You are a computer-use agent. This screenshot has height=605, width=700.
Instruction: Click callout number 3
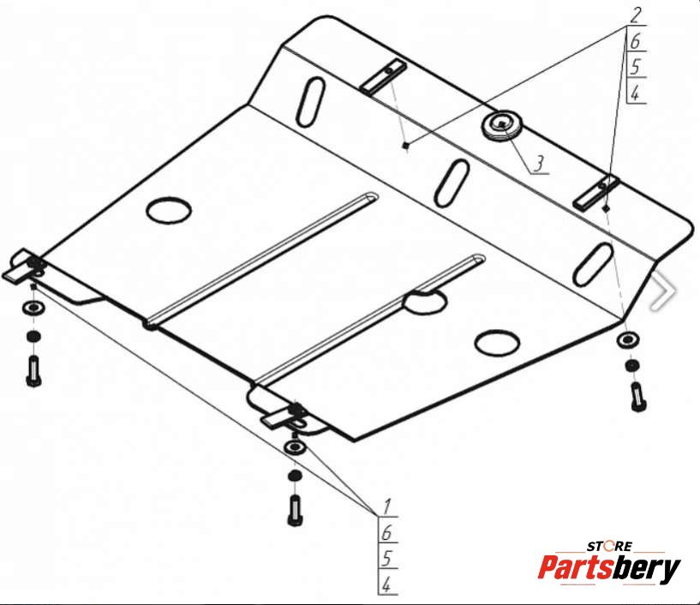(x=540, y=164)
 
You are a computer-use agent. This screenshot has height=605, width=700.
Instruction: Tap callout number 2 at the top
(x=635, y=15)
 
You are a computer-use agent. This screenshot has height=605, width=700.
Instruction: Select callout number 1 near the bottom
(x=386, y=506)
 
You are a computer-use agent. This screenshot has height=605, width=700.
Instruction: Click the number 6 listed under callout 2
(x=635, y=41)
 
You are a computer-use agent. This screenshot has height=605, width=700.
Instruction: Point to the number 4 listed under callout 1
(x=386, y=584)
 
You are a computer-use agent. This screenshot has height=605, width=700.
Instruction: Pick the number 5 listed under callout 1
(x=386, y=558)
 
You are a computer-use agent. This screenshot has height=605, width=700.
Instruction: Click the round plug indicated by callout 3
(x=502, y=124)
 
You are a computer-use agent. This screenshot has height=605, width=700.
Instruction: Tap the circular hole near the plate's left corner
(x=169, y=210)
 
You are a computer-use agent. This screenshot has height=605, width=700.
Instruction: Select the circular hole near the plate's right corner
(x=497, y=343)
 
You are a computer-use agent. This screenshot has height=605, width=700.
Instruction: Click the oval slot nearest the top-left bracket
(x=311, y=102)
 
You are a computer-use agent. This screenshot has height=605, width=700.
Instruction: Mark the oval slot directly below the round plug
(x=452, y=183)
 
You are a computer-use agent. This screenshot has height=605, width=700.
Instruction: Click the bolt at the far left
(x=34, y=371)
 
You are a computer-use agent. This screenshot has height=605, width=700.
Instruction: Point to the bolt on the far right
(x=638, y=397)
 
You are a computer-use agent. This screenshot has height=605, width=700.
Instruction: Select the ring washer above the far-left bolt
(x=33, y=308)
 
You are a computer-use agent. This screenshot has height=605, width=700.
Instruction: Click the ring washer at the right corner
(x=628, y=340)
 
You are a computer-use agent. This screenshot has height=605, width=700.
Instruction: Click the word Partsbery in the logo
(x=609, y=568)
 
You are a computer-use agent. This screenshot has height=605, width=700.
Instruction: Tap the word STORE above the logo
(x=609, y=546)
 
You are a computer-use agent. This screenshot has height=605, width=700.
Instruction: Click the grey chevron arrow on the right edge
(x=665, y=291)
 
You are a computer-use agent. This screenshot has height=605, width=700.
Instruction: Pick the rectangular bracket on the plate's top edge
(x=384, y=76)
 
